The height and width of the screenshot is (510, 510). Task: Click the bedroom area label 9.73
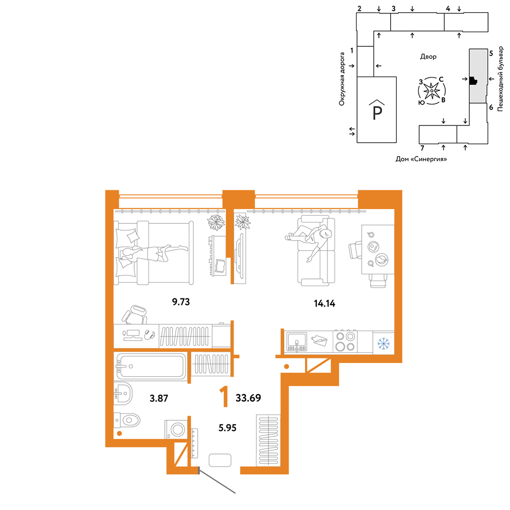point(181,302)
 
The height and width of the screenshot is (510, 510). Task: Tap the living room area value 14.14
point(324,303)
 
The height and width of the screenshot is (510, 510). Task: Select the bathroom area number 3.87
point(159,398)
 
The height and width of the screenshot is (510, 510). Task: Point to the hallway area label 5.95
point(227,428)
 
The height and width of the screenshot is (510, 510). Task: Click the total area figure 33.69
point(248,398)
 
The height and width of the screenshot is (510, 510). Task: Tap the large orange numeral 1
point(224,397)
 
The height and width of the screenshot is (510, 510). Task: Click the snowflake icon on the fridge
point(384,344)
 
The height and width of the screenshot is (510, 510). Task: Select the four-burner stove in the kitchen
point(345,341)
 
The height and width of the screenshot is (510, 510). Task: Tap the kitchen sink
point(296,342)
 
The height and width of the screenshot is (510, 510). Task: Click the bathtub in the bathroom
point(151,366)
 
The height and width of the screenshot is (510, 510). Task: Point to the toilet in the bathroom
point(127,420)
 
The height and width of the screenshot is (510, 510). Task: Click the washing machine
point(176,429)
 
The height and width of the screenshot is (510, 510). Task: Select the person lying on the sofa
point(310,239)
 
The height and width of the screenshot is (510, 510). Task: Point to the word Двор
point(428,57)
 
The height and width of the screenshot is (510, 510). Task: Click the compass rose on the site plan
point(431,91)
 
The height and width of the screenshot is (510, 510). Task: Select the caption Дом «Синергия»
point(421,159)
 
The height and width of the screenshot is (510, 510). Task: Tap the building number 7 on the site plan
point(422,148)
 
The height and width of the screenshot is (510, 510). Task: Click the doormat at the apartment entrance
point(220,460)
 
